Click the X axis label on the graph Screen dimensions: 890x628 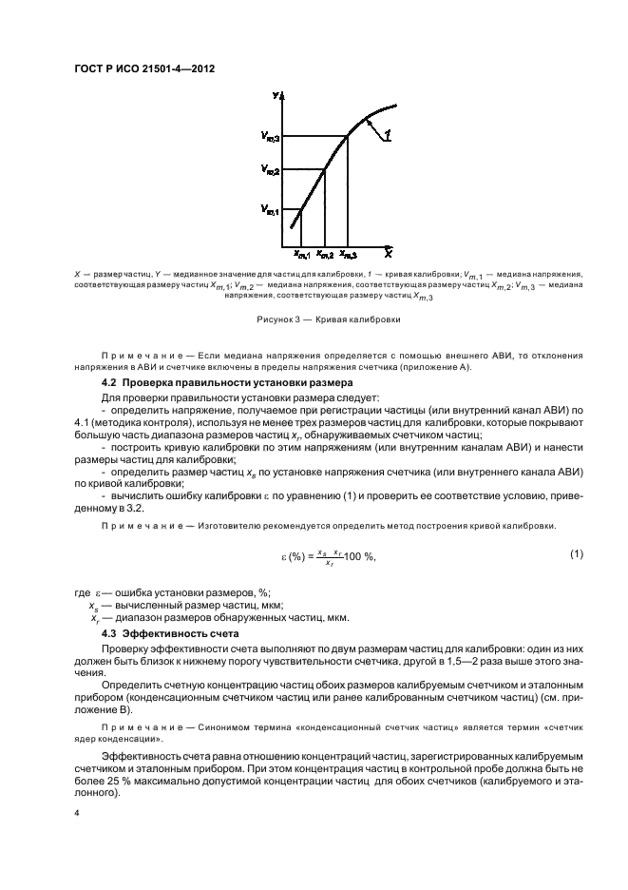point(389,254)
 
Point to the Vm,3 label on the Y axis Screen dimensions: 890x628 point(271,137)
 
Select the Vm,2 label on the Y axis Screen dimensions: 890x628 point(271,170)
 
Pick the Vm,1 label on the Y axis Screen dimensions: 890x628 point(271,211)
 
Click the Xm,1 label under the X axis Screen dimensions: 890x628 point(302,255)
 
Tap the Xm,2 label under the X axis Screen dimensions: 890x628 point(325,255)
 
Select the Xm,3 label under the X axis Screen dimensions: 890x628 point(349,255)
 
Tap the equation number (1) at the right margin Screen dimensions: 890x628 point(576,554)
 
